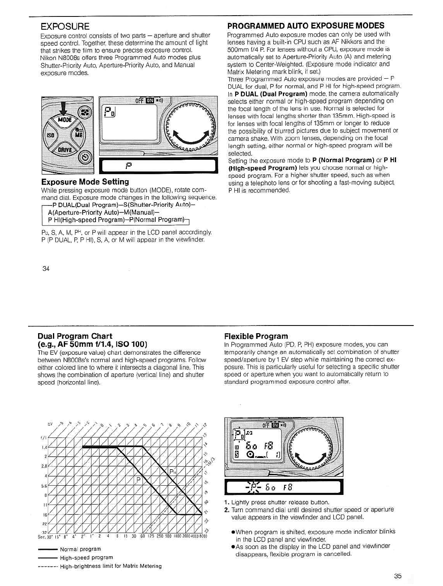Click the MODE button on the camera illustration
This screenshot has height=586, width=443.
(64, 120)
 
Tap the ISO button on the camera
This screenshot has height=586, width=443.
(51, 135)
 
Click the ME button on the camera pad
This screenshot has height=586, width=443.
(78, 135)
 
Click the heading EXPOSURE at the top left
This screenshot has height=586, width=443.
(65, 27)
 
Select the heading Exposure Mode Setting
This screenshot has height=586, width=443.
(85, 182)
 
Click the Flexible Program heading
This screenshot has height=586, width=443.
(256, 336)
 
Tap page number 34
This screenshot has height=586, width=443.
(46, 269)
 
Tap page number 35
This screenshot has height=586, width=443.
(398, 576)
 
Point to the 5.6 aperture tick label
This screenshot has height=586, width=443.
(45, 486)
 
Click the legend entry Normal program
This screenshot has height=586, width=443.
(80, 549)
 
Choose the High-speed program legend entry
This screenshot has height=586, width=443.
(86, 558)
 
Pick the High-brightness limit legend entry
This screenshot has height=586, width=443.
(110, 566)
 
